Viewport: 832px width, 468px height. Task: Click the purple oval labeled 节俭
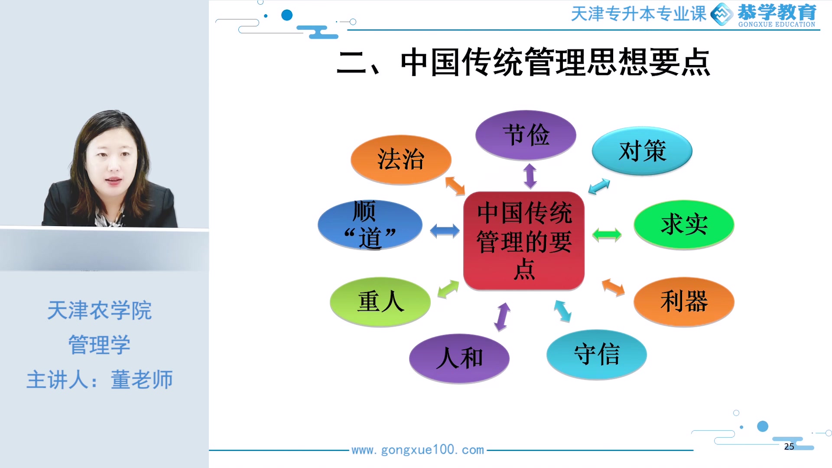(526, 135)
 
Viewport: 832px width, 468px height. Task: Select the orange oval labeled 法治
(401, 159)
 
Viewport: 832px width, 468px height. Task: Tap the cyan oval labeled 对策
(642, 151)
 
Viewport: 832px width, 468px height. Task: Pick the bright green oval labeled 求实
(684, 224)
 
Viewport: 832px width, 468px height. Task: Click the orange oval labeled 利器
(684, 301)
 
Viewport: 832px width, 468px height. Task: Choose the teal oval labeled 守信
(597, 354)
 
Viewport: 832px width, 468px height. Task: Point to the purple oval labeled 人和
(459, 358)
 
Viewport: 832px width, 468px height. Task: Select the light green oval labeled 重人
(380, 302)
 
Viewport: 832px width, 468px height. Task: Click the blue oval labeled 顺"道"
(370, 225)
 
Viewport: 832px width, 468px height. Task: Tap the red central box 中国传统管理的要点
(524, 241)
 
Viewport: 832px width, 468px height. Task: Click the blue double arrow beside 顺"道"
(445, 231)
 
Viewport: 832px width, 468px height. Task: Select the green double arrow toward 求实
(607, 234)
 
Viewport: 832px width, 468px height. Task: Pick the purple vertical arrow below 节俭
(530, 176)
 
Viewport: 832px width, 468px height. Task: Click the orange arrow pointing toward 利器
(613, 287)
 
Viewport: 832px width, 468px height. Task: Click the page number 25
(789, 446)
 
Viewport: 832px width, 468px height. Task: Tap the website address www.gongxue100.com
(417, 450)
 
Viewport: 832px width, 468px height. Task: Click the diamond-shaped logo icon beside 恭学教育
(721, 14)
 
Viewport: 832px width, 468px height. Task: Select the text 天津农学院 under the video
(99, 310)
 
